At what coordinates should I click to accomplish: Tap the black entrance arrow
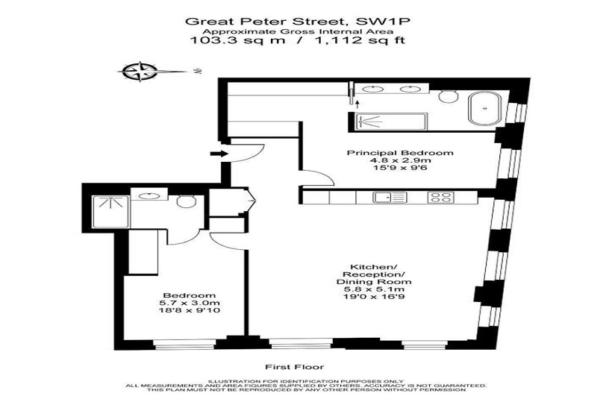219,154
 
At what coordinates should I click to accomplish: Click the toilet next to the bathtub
448,95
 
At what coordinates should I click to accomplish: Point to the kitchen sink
390,198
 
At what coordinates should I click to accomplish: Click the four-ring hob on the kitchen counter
441,198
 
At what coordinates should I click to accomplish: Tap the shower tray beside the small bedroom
110,211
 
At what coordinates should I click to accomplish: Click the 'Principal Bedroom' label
401,152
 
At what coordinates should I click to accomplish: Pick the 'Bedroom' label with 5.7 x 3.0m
190,295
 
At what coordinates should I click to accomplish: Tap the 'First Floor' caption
295,367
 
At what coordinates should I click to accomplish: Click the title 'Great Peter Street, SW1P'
297,21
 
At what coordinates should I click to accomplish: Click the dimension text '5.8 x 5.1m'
374,289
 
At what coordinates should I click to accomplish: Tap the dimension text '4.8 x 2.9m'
401,160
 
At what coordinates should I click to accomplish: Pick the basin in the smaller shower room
149,195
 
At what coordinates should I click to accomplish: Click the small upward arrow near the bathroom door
356,103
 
